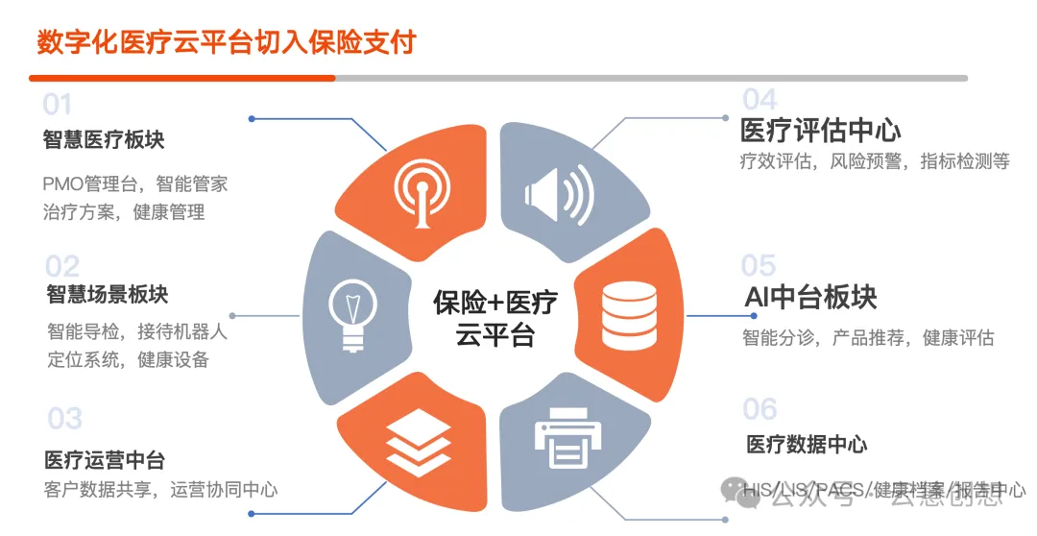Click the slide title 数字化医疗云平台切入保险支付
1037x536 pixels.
tap(227, 42)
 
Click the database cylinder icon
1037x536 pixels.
tap(628, 315)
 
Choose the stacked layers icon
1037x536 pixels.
tap(418, 439)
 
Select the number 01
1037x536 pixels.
tap(58, 104)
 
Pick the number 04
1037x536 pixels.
tap(760, 99)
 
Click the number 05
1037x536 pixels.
tap(759, 265)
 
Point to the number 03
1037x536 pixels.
tap(64, 419)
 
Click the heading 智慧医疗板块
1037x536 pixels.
tap(104, 140)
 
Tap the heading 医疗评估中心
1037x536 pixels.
tap(820, 130)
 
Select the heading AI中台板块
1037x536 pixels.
tap(810, 298)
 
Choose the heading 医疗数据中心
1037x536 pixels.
tap(807, 445)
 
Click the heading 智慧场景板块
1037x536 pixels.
tap(107, 294)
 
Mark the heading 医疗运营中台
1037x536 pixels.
tap(104, 460)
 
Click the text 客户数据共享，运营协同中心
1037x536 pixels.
tap(160, 490)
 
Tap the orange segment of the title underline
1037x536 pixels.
tap(182, 78)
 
